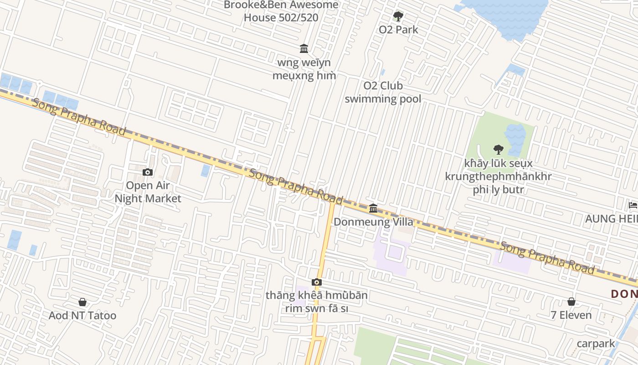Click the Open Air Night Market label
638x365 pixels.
click(148, 192)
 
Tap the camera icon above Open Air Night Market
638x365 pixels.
click(148, 172)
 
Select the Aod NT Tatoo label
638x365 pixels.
click(82, 315)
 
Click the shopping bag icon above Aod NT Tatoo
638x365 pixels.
click(82, 302)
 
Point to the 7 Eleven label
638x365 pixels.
click(571, 315)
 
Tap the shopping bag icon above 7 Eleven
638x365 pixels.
click(571, 302)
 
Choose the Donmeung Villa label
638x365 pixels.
click(373, 222)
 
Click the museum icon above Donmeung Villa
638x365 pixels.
click(373, 209)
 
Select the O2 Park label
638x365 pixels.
click(398, 30)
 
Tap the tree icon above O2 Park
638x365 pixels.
click(398, 17)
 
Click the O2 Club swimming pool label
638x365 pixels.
click(383, 92)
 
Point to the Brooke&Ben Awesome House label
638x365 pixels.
click(281, 11)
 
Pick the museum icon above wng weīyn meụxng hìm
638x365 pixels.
click(304, 48)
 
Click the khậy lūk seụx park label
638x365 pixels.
click(498, 176)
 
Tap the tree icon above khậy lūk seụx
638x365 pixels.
click(498, 149)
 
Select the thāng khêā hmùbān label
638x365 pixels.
click(317, 302)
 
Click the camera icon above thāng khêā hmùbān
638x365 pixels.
click(317, 282)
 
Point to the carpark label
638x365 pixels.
click(596, 344)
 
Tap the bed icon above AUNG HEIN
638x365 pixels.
click(633, 205)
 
